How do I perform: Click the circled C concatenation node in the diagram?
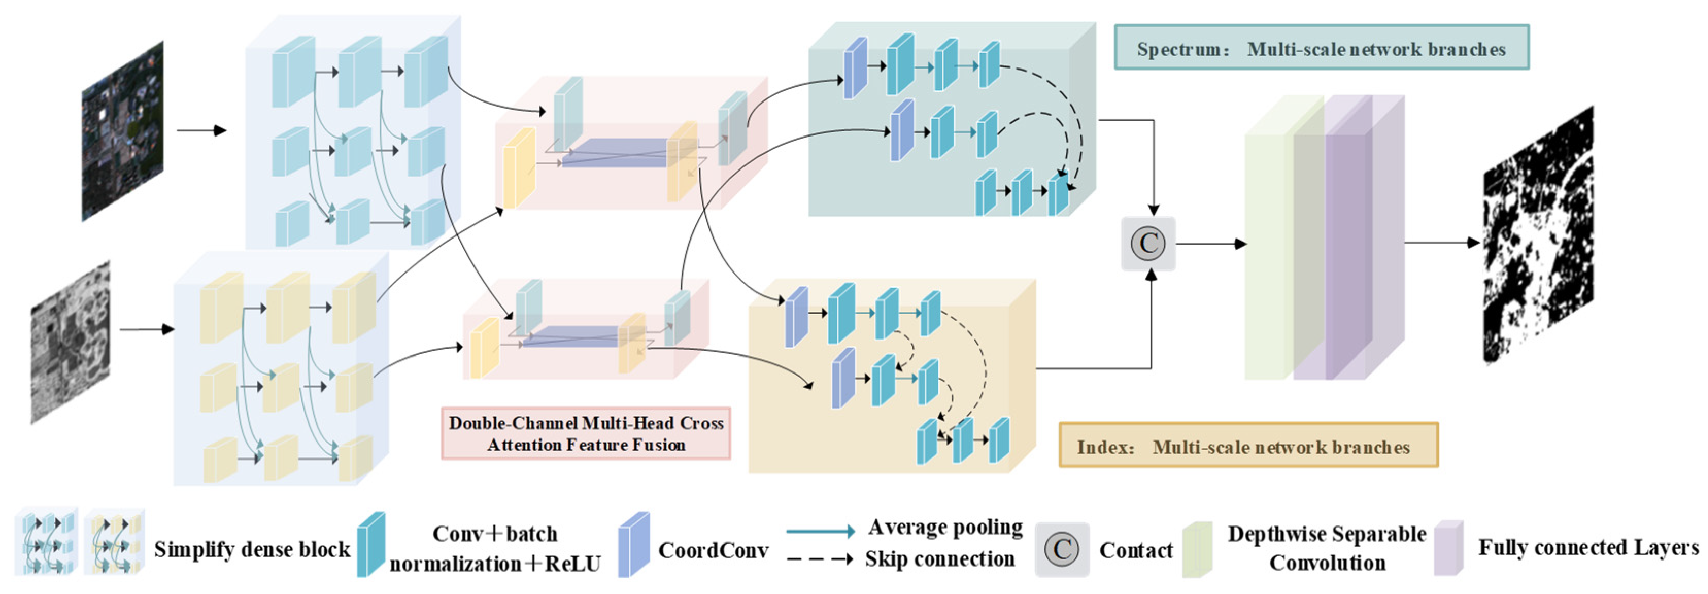(1148, 243)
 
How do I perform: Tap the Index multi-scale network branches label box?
(1248, 446)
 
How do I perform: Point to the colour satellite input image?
(123, 131)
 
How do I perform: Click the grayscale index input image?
(70, 342)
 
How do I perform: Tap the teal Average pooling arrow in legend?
(820, 531)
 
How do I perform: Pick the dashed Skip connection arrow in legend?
(820, 559)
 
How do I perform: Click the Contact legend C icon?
(1061, 549)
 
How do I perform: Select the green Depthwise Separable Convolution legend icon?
(1197, 549)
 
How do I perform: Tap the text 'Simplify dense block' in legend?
(252, 549)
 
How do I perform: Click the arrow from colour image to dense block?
(201, 131)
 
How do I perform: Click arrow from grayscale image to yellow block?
(146, 329)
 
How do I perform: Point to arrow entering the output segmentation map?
(1442, 243)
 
